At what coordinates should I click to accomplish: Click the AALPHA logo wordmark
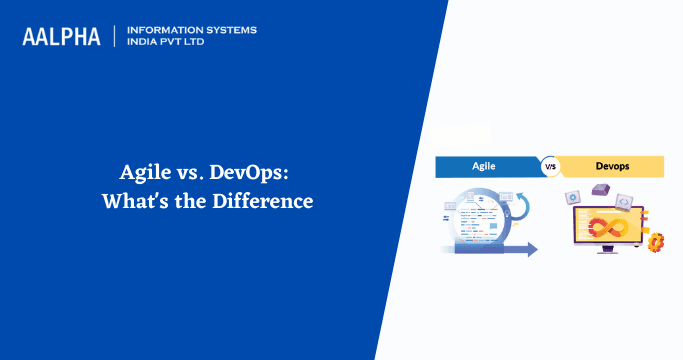tap(61, 37)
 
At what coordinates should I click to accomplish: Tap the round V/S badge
tap(550, 167)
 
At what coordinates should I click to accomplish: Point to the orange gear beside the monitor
tap(656, 242)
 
